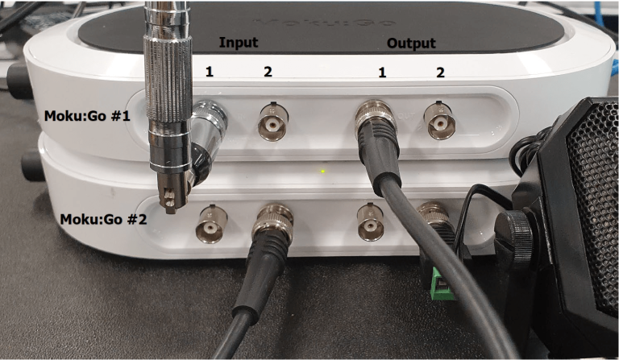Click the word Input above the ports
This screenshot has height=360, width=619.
pyautogui.click(x=239, y=41)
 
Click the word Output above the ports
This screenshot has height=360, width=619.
pyautogui.click(x=411, y=42)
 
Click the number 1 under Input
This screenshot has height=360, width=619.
pyautogui.click(x=210, y=72)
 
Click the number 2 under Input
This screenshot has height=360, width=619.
pyautogui.click(x=268, y=72)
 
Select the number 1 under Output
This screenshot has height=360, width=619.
pyautogui.click(x=383, y=72)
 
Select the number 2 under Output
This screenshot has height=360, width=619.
pyautogui.click(x=440, y=72)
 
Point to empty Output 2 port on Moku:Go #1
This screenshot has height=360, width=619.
pyautogui.click(x=440, y=123)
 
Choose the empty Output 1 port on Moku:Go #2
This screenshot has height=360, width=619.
pyautogui.click(x=371, y=221)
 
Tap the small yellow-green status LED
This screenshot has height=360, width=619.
pyautogui.click(x=322, y=172)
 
